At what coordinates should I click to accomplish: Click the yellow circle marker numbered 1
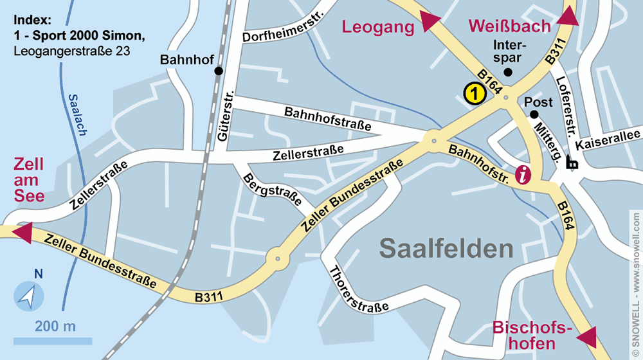tap(474, 94)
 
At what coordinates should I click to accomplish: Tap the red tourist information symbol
tap(525, 174)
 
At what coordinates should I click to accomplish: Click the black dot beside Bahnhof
tap(219, 71)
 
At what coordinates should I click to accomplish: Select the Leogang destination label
tap(378, 27)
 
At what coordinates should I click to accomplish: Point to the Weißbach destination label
tap(510, 26)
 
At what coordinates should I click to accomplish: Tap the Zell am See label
tap(28, 180)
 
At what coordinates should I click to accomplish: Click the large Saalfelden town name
tap(446, 249)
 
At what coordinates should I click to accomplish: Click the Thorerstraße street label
tap(359, 289)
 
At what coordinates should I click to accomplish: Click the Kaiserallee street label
tap(608, 139)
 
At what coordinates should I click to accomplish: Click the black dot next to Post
tap(534, 114)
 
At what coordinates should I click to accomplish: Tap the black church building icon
tap(571, 163)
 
